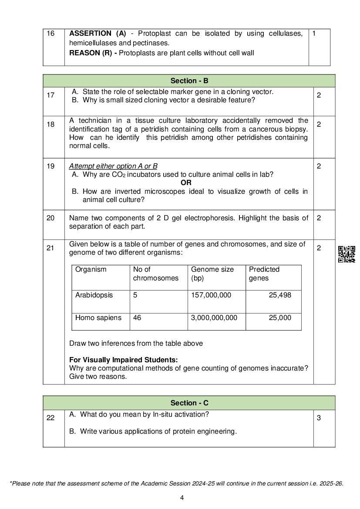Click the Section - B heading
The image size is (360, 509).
[x=189, y=81]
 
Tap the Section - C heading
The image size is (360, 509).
[x=189, y=403]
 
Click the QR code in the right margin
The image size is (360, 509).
[x=347, y=254]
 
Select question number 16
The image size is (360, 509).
[x=50, y=34]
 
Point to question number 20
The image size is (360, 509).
[x=50, y=218]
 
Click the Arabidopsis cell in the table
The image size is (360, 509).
[x=94, y=295]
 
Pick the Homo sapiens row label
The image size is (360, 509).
[x=98, y=318]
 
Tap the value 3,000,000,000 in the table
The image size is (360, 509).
[x=214, y=318]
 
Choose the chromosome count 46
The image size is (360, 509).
[x=137, y=318]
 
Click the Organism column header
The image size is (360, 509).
[x=91, y=270]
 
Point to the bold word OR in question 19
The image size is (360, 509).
[x=186, y=183]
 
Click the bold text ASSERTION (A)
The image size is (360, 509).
[x=98, y=34]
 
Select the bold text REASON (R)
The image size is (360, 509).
[x=93, y=53]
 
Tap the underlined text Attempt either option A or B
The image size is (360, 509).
[x=113, y=166]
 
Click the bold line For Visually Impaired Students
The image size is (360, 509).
[x=124, y=360]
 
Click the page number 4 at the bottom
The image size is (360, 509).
[x=182, y=498]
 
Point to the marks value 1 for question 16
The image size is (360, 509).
[x=314, y=34]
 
